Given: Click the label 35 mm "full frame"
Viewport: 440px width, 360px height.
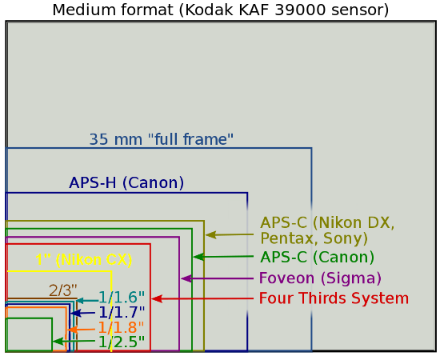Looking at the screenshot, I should [161, 139].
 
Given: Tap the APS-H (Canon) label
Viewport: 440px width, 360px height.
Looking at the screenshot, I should [126, 182].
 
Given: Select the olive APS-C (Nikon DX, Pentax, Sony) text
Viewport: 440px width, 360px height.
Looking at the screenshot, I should [327, 230].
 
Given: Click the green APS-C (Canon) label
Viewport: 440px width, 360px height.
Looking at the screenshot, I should [317, 258].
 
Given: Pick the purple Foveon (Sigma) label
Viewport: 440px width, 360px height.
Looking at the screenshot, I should [320, 278].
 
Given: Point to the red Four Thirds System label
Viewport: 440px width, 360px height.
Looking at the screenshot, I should [334, 298].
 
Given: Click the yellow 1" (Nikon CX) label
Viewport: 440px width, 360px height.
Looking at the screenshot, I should [83, 260].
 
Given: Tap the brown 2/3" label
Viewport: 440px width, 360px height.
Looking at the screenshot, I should [62, 290].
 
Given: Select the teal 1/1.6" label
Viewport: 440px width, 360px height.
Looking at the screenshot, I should [122, 298].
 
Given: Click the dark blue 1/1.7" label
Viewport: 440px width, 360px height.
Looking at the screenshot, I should [122, 312].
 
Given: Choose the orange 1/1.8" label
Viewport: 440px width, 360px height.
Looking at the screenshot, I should [121, 327].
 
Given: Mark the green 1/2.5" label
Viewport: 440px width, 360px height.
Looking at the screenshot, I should [121, 342].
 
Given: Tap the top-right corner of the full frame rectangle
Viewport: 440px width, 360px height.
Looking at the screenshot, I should [311, 149].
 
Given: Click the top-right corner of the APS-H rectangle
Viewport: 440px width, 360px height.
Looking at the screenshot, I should [247, 193].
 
